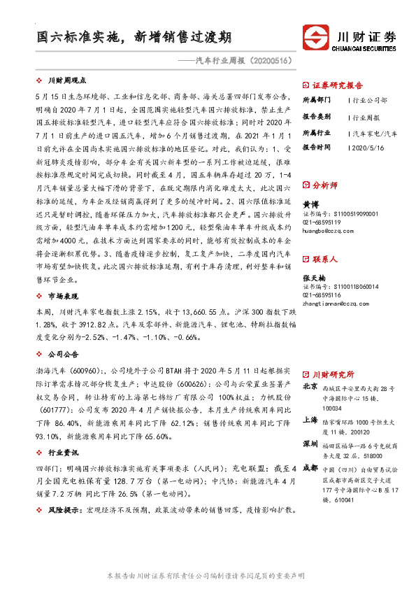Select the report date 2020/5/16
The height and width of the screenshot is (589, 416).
(366, 148)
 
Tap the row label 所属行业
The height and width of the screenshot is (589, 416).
(315, 132)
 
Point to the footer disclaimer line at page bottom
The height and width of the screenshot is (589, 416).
(208, 576)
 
